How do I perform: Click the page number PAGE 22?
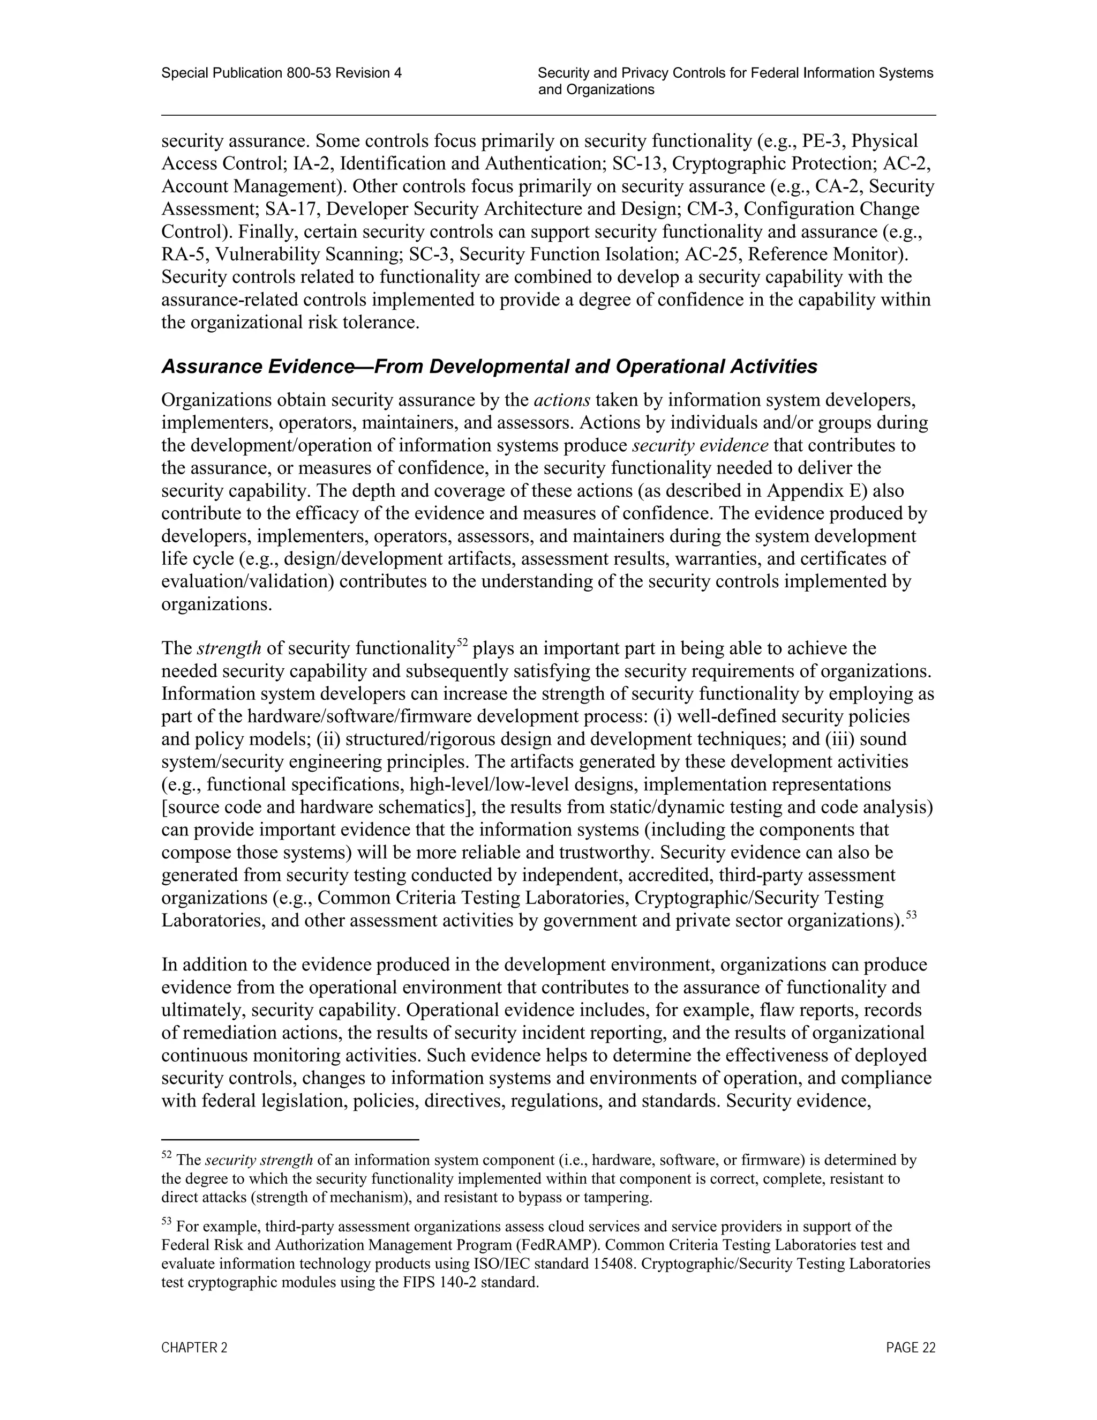[911, 1348]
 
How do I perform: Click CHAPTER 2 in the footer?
[194, 1348]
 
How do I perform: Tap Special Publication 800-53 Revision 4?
[281, 73]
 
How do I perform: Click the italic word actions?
[561, 400]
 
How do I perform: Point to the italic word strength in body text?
[229, 648]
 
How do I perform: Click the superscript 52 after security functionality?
[462, 643]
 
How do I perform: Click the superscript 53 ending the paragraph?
[911, 915]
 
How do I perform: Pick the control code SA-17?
[289, 210]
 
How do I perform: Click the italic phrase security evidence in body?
[700, 445]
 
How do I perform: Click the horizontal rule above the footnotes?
[290, 1140]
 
